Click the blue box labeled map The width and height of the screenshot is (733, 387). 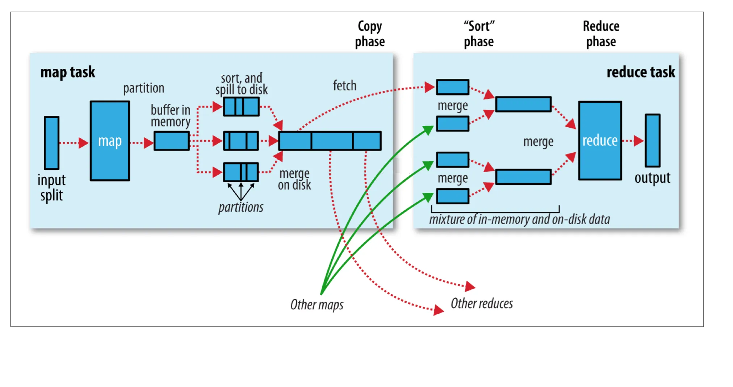(x=110, y=141)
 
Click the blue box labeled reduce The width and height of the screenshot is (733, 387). (x=600, y=141)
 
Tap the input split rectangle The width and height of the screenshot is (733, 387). (x=51, y=143)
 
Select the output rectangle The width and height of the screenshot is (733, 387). (x=652, y=140)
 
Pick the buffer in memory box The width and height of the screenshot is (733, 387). (x=171, y=141)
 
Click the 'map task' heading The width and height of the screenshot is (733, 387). (x=68, y=72)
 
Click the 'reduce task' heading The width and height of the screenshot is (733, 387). (x=641, y=72)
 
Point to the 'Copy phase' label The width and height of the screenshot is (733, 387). (x=370, y=34)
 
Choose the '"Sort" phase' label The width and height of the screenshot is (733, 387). (x=479, y=34)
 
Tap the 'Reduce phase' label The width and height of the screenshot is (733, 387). (x=601, y=34)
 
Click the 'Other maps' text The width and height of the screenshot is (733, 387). (x=317, y=305)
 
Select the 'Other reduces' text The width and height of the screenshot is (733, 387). (x=482, y=303)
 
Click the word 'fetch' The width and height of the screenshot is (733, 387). (x=345, y=86)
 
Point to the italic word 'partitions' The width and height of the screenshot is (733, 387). (x=241, y=207)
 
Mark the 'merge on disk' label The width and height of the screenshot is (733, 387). (x=294, y=179)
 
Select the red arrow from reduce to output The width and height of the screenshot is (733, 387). (x=633, y=141)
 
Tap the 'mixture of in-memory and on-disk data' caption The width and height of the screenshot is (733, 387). (x=520, y=219)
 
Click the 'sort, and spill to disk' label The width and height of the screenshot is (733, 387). (x=242, y=84)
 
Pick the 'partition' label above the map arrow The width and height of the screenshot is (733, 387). (x=144, y=88)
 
